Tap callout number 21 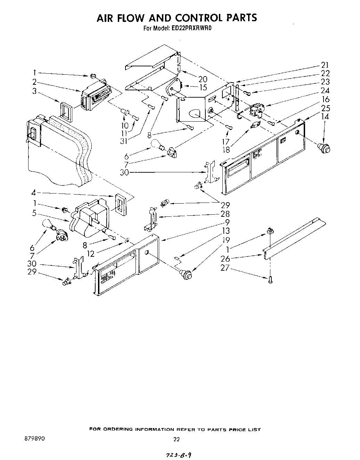point(325,65)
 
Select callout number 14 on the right point(325,116)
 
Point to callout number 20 point(202,79)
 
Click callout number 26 point(225,258)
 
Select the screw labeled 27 point(271,279)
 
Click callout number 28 point(225,214)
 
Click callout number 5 point(34,213)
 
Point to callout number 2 point(34,82)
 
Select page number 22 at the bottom point(177,439)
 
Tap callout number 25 point(325,108)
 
